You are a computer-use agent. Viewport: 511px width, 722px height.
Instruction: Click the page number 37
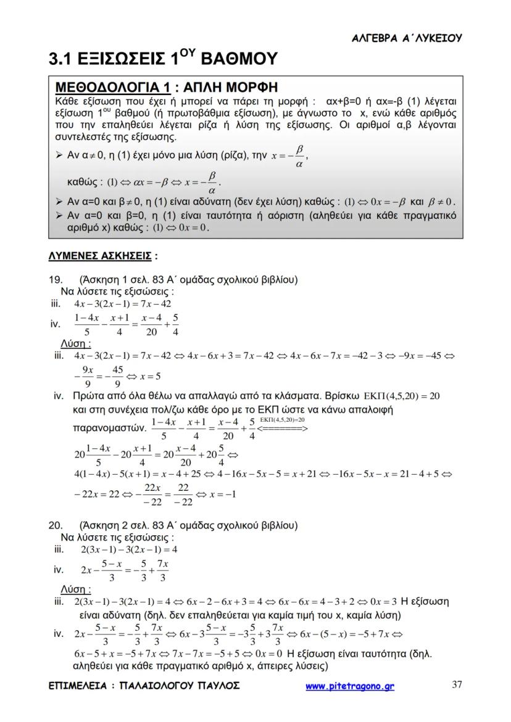(457, 684)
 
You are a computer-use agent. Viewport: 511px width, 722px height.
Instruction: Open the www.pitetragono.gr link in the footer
(349, 686)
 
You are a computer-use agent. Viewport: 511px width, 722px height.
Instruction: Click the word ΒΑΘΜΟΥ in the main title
(231, 59)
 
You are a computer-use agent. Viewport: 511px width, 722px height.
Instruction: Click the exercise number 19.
(55, 280)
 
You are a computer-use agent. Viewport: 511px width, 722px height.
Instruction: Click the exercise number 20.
(55, 525)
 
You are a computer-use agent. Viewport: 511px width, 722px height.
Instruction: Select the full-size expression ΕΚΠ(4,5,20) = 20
(402, 395)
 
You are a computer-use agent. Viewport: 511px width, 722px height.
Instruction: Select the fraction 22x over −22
(152, 494)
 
